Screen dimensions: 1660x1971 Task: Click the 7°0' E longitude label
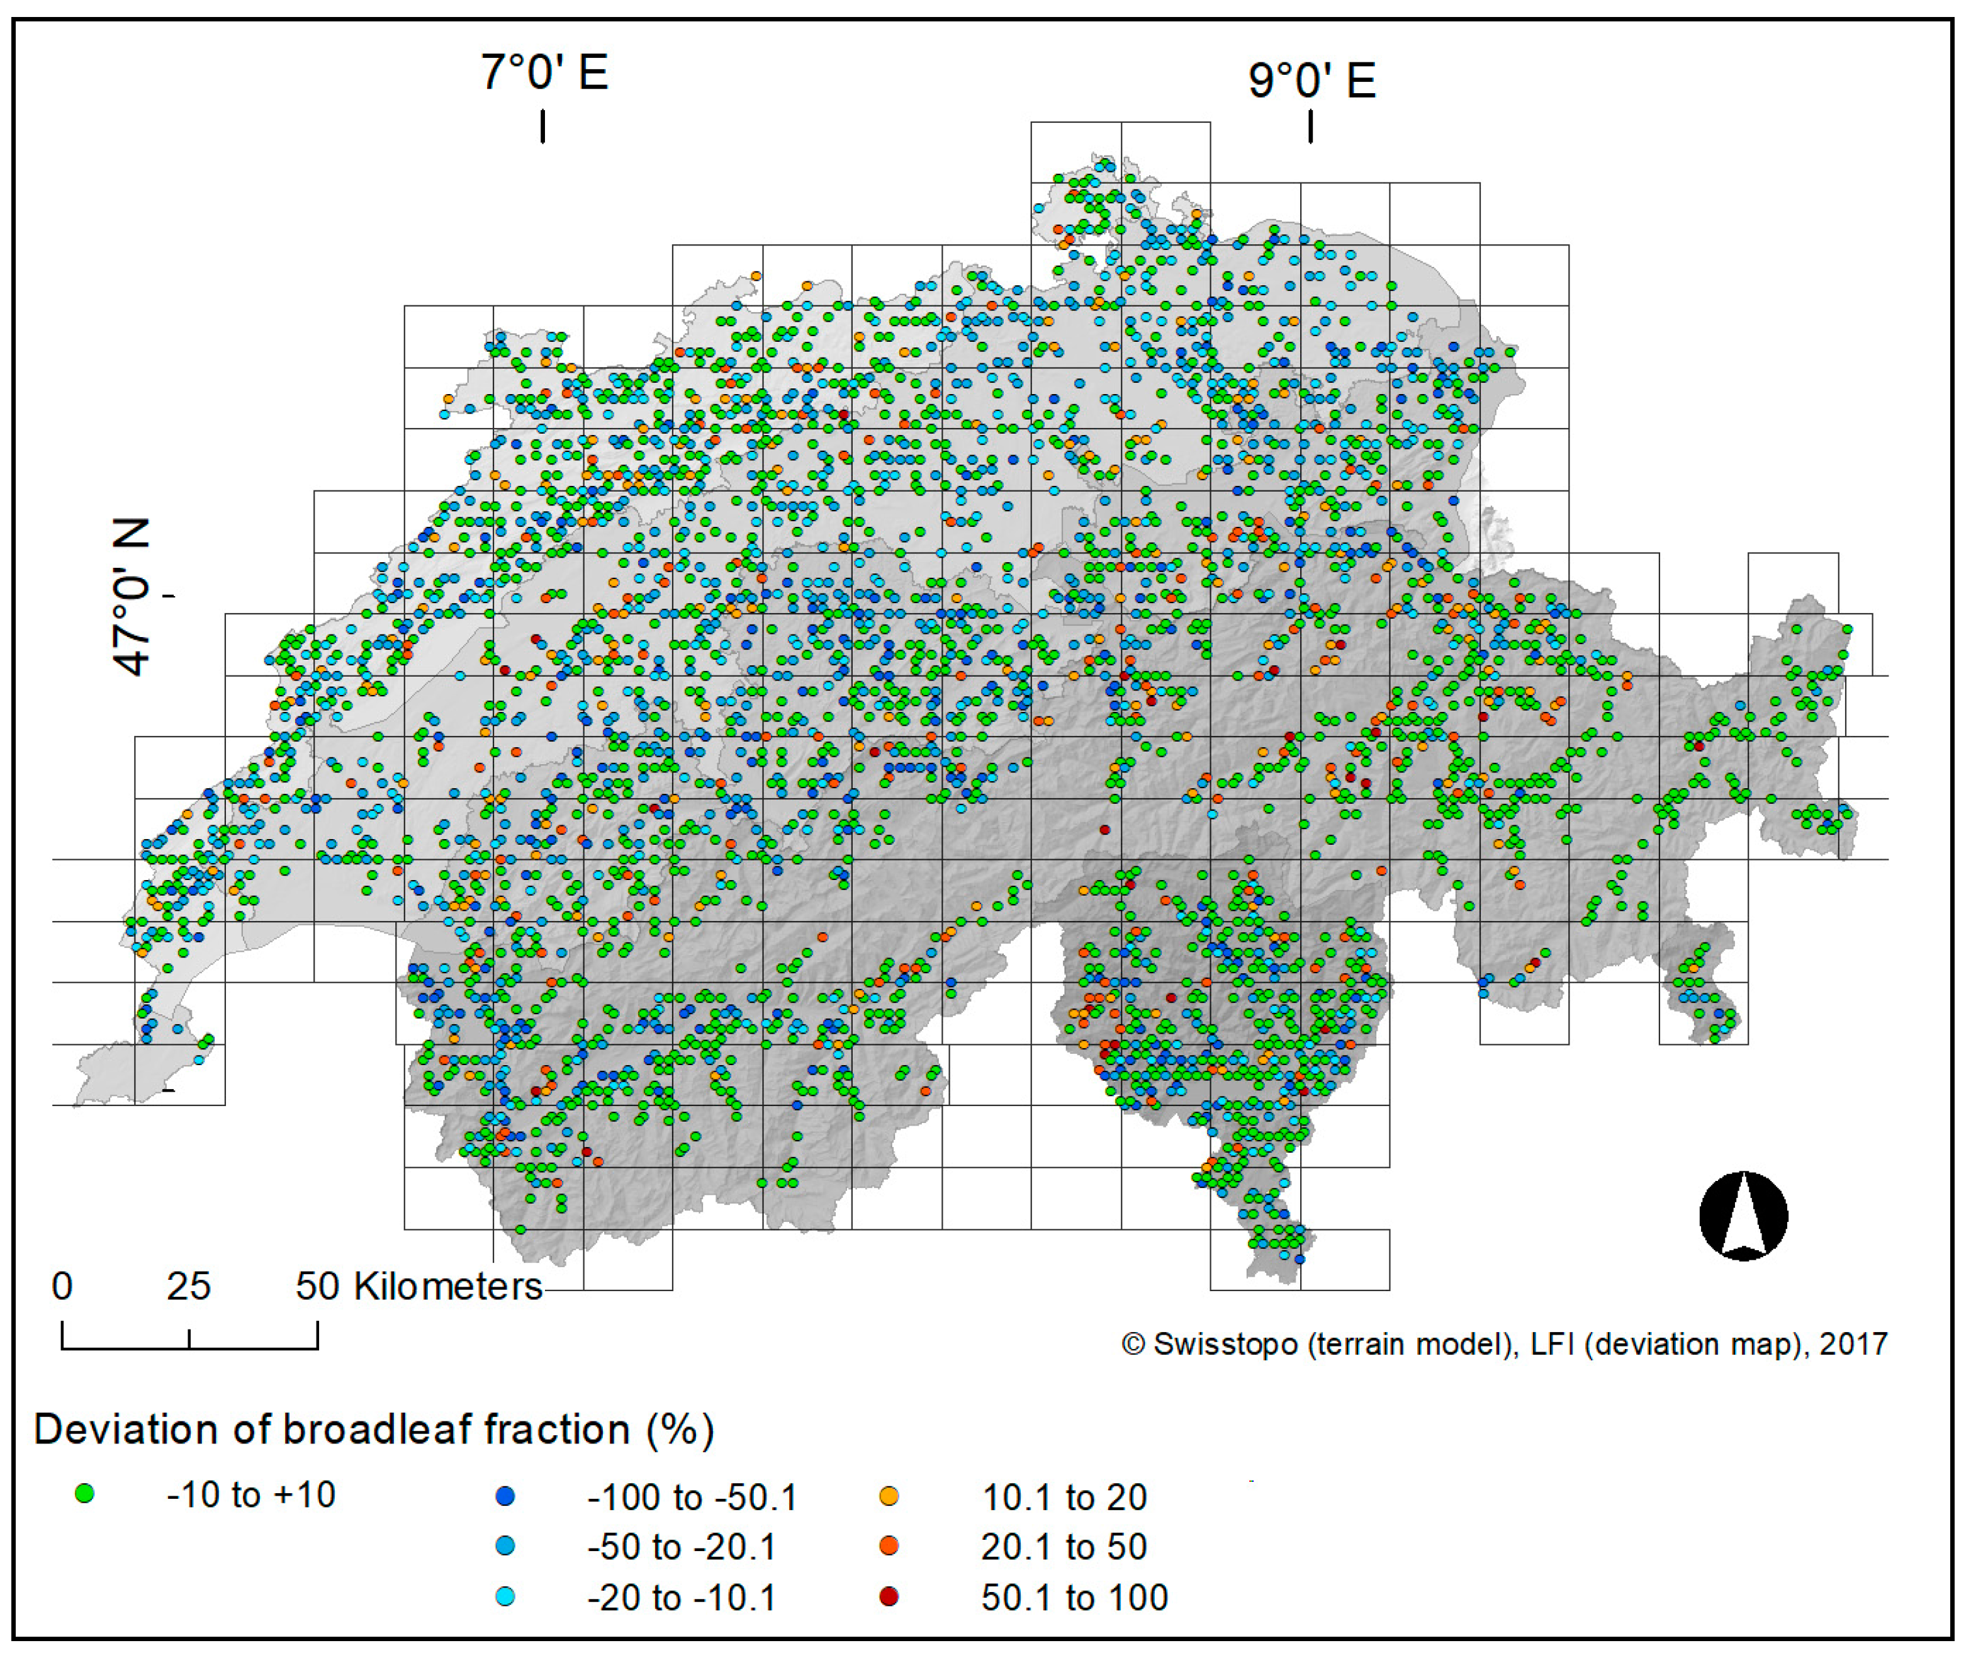[x=544, y=72]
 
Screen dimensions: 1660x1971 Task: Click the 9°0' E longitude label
[x=1311, y=80]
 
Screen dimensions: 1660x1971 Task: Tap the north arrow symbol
[x=1743, y=1216]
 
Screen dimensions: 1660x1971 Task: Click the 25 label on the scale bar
[x=188, y=1287]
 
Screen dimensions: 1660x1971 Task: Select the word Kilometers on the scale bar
[x=448, y=1287]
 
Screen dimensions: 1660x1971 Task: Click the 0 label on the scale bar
[x=62, y=1287]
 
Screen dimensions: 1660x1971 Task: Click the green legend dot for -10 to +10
[x=85, y=1493]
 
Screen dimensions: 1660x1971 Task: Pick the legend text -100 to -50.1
[x=692, y=1497]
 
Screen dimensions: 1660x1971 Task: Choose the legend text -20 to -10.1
[x=681, y=1598]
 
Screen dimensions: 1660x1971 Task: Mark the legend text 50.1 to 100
[x=1074, y=1598]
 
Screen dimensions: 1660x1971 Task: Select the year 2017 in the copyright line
[x=1853, y=1344]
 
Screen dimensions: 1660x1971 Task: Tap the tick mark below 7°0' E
[x=543, y=126]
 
